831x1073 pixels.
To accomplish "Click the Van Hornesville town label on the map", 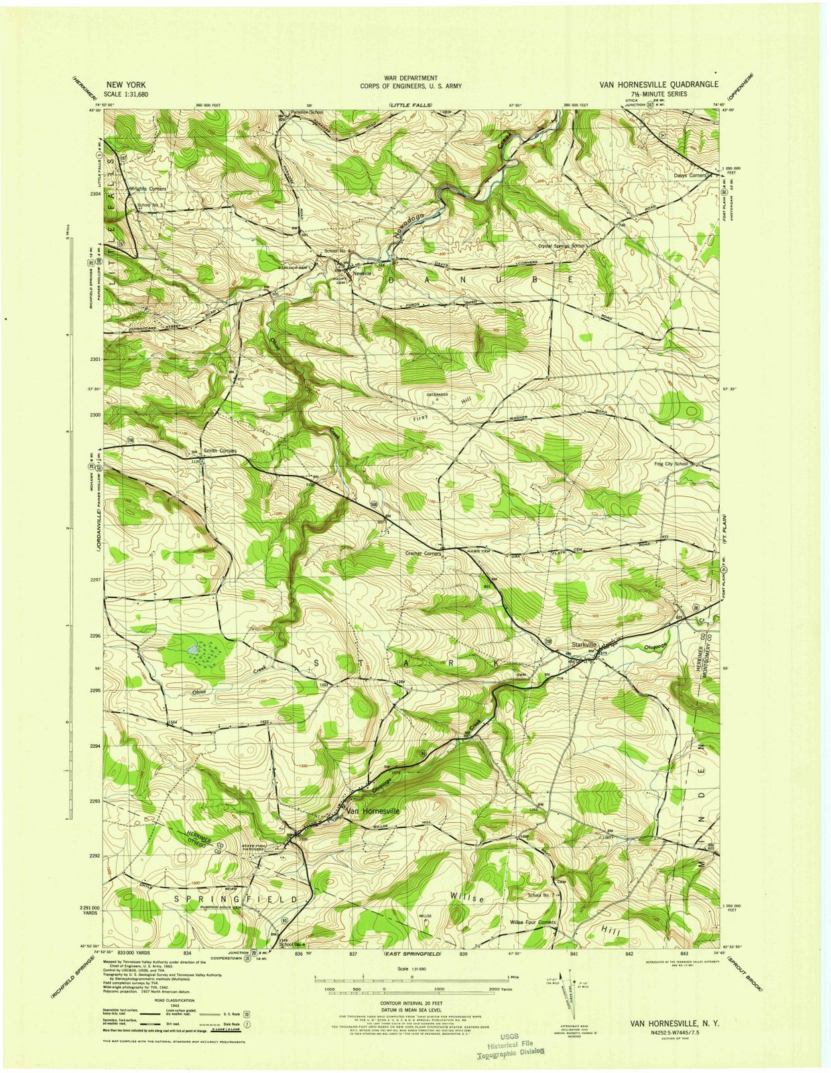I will point(373,811).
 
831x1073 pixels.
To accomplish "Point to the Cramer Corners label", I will point(424,554).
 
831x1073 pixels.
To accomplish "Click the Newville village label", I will point(362,274).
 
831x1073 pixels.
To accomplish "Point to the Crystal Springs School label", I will point(562,246).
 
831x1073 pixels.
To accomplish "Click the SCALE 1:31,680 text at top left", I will point(127,95).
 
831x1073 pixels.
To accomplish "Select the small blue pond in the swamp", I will point(193,650).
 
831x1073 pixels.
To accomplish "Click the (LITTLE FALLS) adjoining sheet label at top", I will point(410,105).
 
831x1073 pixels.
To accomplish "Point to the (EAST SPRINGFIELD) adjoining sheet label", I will point(411,953).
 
